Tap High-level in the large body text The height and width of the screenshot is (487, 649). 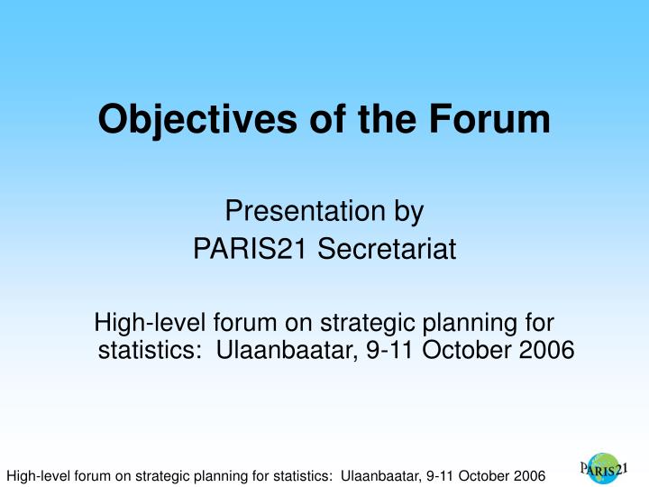151,323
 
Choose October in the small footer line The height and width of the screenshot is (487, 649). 475,475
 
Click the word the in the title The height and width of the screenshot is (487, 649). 393,120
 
